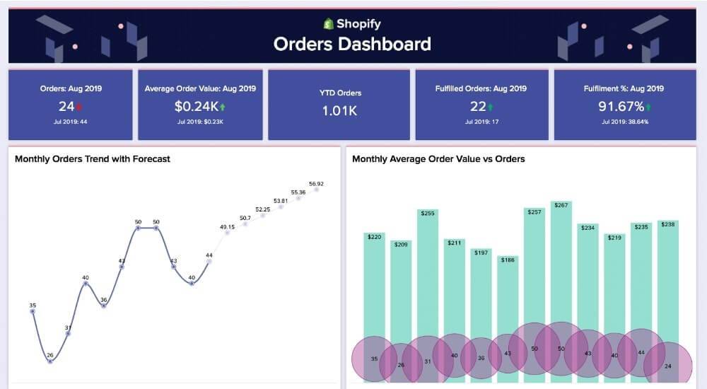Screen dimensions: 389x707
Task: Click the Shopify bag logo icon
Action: coord(328,24)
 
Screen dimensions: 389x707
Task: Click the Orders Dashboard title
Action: coord(352,45)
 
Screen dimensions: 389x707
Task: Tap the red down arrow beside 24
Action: coord(79,108)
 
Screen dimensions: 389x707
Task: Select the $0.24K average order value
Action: coord(196,107)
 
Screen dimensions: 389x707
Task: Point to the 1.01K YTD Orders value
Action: coord(339,111)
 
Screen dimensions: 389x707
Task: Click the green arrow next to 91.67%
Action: coord(648,108)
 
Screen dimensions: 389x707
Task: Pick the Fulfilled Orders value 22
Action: coord(478,107)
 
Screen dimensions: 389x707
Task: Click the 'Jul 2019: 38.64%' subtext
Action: coord(624,122)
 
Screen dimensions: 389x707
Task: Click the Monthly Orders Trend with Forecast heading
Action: coord(93,159)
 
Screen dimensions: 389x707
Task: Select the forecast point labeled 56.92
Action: coord(317,190)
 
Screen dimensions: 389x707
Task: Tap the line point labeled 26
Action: coord(50,361)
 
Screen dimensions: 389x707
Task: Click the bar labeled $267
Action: coord(561,269)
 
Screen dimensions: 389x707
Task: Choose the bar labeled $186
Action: coord(507,297)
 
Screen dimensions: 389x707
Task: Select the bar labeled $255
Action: coord(428,269)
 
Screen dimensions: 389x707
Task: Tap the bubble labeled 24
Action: coord(667,365)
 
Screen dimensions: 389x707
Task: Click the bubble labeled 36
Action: coord(481,358)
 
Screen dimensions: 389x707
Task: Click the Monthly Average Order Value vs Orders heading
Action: coord(438,159)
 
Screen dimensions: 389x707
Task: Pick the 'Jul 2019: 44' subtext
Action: coord(70,122)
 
